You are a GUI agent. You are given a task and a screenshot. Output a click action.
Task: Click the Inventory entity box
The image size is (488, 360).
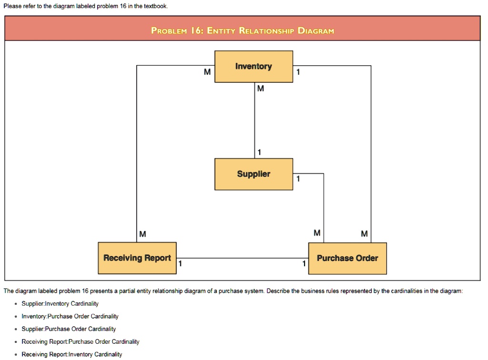(254, 67)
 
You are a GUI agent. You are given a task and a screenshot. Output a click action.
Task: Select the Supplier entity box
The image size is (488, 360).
(254, 174)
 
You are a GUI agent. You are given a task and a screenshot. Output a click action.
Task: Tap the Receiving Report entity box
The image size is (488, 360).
(137, 258)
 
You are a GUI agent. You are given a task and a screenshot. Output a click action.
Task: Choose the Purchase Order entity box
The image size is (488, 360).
(347, 258)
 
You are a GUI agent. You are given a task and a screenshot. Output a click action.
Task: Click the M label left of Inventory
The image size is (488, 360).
(207, 72)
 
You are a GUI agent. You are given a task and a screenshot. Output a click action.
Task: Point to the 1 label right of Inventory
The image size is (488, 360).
(298, 72)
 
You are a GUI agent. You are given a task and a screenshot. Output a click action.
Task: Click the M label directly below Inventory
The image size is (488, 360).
(260, 89)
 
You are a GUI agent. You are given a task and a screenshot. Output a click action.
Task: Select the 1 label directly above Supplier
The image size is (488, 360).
(259, 152)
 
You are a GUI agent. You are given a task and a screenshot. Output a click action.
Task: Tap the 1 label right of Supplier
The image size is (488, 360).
(298, 179)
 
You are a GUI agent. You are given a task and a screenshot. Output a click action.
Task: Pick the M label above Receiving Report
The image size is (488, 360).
(143, 234)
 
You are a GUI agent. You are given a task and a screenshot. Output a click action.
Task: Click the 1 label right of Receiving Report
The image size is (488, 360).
(180, 263)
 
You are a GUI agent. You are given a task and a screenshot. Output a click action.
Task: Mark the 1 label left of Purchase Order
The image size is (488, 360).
(304, 263)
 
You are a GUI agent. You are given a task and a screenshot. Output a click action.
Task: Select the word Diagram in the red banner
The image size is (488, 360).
(315, 31)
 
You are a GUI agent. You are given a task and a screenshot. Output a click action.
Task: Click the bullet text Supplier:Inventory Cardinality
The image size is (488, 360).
(60, 303)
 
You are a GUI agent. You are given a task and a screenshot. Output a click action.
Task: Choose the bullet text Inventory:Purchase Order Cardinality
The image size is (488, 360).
(70, 316)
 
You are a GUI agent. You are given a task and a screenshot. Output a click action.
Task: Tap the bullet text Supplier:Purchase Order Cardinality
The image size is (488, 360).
(69, 329)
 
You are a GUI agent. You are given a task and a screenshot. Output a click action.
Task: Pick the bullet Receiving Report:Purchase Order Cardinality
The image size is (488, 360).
(81, 341)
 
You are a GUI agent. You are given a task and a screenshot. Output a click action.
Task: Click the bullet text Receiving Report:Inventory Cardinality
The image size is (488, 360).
(72, 354)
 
